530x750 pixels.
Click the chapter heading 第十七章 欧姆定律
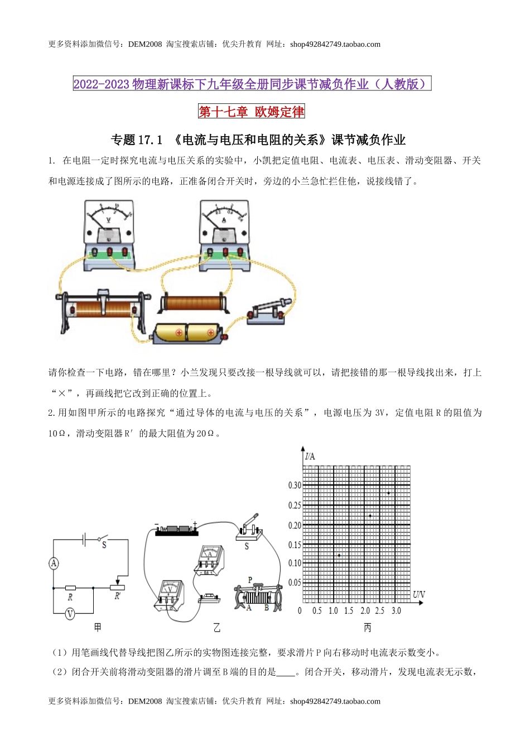[252, 112]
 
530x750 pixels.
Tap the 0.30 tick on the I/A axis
[295, 485]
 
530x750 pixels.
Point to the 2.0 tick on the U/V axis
[365, 611]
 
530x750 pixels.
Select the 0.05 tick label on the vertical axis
[295, 583]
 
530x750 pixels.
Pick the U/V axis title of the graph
[418, 595]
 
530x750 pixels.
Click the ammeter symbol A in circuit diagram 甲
[54, 564]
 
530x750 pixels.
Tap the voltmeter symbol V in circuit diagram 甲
[70, 614]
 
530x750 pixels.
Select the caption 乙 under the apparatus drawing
[216, 628]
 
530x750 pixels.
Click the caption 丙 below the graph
[367, 628]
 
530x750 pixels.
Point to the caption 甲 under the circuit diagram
[98, 628]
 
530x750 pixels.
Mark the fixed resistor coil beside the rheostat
[193, 303]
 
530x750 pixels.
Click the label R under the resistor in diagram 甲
[70, 597]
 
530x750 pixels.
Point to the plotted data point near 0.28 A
[388, 493]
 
